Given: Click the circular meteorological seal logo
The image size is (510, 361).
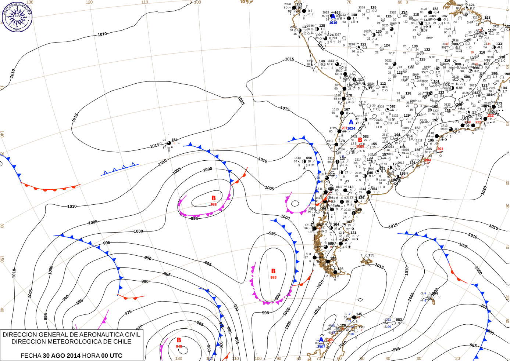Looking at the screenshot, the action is (x=17, y=17).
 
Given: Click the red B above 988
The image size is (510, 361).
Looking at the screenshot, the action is (x=213, y=198).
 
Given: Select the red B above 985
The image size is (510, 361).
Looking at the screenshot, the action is (x=273, y=271).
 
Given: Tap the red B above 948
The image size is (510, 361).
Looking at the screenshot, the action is (x=179, y=340).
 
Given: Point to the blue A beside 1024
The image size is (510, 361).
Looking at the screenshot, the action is (x=351, y=123).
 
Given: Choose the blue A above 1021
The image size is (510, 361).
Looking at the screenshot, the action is (x=321, y=340).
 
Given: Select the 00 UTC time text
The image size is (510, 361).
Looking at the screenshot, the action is (x=112, y=355).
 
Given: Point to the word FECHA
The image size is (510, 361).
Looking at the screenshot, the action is (x=31, y=355).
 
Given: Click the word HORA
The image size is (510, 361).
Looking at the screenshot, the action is (x=90, y=355).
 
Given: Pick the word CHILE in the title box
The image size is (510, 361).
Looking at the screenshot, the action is (x=122, y=342).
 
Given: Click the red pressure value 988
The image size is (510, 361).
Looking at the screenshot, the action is (x=214, y=204).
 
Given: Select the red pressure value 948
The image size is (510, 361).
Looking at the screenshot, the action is (x=179, y=346).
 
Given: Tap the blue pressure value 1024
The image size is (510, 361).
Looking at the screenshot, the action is (x=352, y=128).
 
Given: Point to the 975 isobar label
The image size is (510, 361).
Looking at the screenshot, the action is (x=128, y=313).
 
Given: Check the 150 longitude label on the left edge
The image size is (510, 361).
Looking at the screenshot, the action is (x=2, y=259).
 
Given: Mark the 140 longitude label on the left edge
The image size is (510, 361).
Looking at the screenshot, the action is (x=2, y=134).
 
